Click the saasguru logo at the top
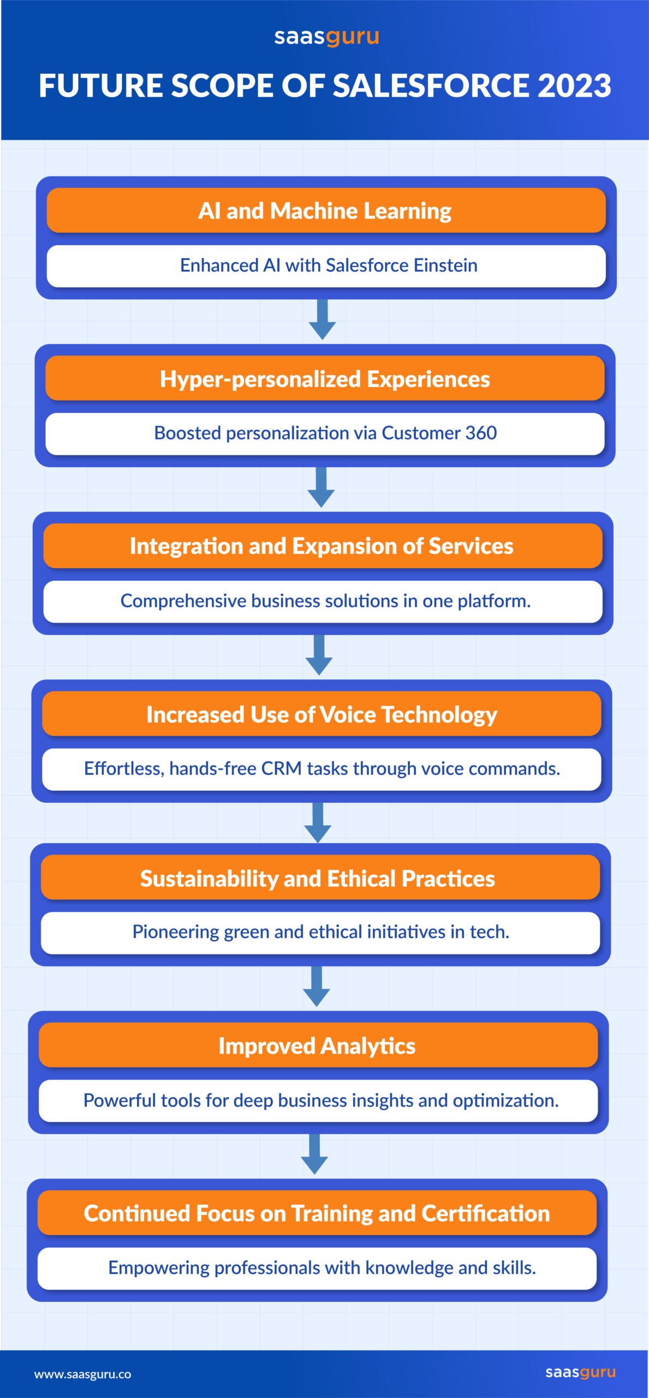(326, 37)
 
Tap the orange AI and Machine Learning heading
(326, 211)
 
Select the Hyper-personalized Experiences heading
(325, 378)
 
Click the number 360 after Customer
(481, 433)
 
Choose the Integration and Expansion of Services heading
(323, 546)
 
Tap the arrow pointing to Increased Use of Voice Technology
(319, 655)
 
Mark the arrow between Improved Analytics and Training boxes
(315, 1154)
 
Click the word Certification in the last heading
(485, 1213)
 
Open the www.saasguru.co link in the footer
(82, 1374)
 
